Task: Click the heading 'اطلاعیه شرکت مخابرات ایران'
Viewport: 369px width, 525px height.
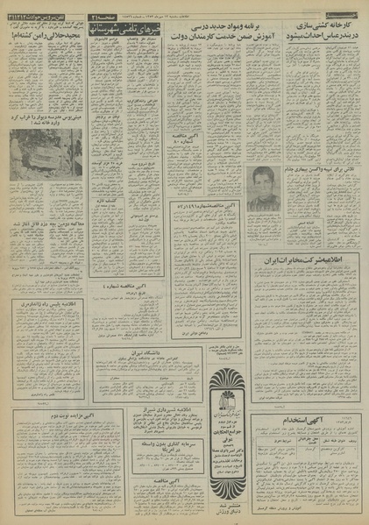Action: point(309,261)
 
